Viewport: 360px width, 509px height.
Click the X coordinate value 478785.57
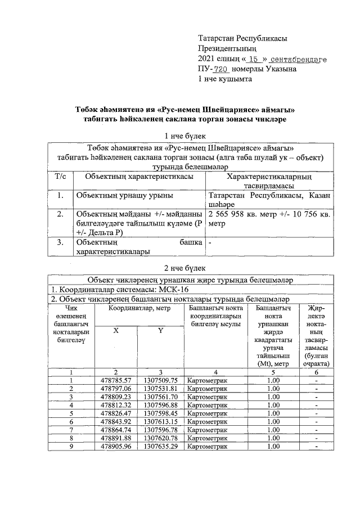click(x=116, y=380)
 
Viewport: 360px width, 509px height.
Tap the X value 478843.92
click(x=116, y=421)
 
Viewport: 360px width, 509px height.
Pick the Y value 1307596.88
click(x=160, y=405)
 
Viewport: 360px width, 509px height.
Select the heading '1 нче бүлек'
click(x=185, y=136)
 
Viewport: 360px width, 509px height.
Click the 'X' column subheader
click(x=116, y=331)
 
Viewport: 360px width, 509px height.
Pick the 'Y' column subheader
click(x=160, y=331)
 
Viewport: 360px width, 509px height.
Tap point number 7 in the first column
click(x=71, y=430)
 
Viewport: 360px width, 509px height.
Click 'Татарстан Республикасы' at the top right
click(x=242, y=38)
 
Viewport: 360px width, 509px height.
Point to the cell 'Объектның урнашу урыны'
click(x=124, y=195)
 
